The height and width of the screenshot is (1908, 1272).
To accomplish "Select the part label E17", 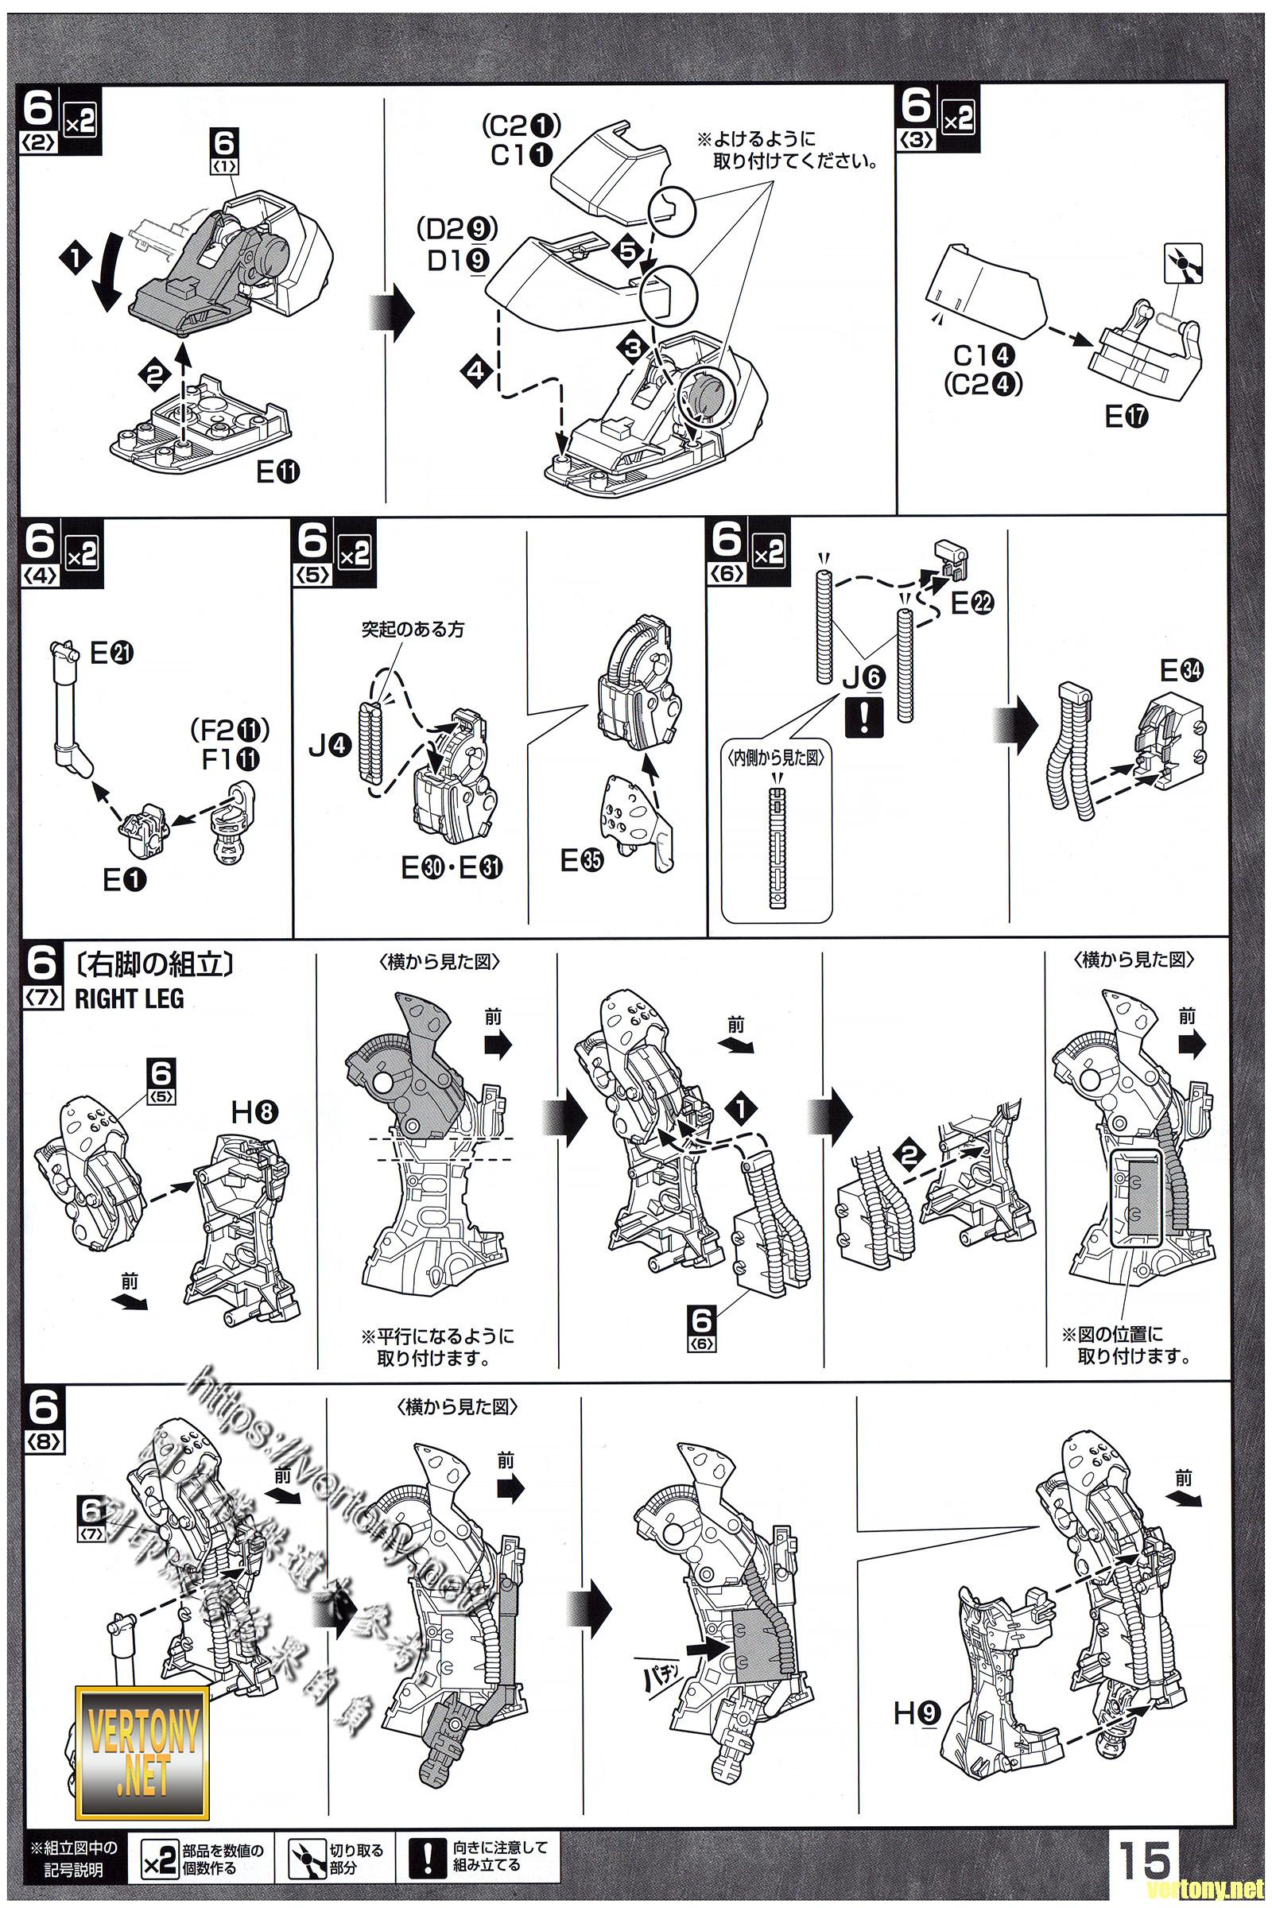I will [x=1127, y=417].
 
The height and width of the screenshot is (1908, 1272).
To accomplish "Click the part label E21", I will [x=113, y=653].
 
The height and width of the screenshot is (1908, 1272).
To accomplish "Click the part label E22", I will [x=972, y=603].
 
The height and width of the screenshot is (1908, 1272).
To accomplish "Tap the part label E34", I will [x=1182, y=670].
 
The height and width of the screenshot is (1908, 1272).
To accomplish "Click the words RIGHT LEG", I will [x=130, y=999].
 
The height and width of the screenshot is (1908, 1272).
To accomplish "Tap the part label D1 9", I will [x=455, y=262].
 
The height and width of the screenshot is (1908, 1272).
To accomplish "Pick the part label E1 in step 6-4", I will [x=125, y=880].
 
